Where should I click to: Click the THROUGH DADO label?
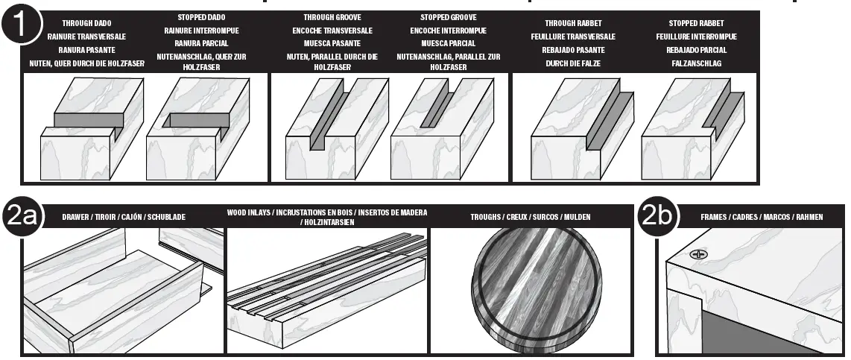point(86,23)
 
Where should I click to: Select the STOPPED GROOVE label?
point(448,16)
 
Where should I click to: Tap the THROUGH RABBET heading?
point(572,23)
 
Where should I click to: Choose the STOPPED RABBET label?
point(696,23)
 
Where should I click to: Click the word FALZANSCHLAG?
point(696,63)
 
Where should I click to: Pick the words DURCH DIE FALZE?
point(572,63)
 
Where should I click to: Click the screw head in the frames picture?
point(698,253)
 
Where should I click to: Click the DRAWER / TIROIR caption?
point(124,217)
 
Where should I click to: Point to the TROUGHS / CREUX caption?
point(530,217)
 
